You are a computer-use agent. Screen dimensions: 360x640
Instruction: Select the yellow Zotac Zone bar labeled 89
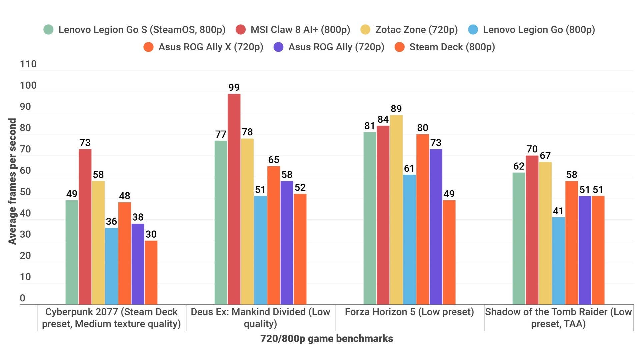point(396,210)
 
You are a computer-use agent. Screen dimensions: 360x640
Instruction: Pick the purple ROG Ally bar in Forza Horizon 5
point(436,227)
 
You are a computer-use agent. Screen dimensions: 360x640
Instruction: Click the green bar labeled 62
point(519,238)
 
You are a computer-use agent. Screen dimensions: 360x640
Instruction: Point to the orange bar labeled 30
point(151,272)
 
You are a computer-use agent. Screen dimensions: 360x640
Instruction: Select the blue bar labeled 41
point(558,261)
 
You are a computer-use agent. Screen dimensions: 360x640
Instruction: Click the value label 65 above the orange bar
point(274,160)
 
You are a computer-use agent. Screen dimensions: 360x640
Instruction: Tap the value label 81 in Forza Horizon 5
point(369,126)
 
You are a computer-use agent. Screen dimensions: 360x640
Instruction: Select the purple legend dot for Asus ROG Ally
point(278,47)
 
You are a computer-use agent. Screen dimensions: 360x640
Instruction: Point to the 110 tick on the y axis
point(28,64)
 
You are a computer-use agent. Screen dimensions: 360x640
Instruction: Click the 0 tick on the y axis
point(22,298)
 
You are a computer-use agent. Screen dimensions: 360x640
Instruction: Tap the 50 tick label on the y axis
point(25,192)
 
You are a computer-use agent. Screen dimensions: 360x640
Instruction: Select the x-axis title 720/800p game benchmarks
point(326,339)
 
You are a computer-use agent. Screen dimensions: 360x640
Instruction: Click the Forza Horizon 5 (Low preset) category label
point(409,312)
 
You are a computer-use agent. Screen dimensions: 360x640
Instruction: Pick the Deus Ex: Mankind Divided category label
point(260,318)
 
